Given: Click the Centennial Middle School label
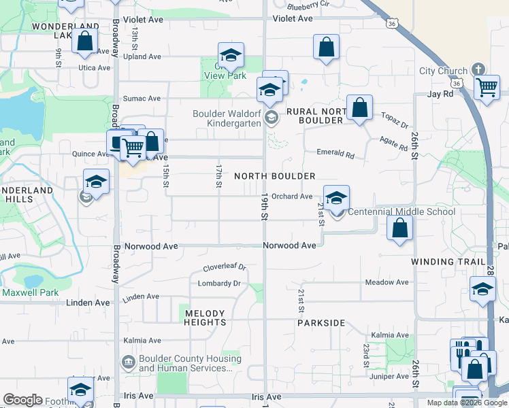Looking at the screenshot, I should point(401,211).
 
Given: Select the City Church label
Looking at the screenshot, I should point(443,71).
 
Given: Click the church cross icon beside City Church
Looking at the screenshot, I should point(478,69).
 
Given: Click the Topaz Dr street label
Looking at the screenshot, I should point(395,121).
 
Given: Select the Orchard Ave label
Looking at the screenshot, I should point(292,197).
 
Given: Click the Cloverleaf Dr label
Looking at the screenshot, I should point(223,268).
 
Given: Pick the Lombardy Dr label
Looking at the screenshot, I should point(219,284).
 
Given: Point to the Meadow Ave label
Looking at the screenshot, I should point(387,282).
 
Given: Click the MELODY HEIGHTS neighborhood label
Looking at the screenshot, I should point(205,318).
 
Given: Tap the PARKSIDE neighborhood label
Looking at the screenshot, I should point(321,323).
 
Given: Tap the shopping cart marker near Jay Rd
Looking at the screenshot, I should point(487,87).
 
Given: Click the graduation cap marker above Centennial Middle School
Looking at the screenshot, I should point(336,199).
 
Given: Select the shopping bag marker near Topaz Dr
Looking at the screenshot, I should point(359,107).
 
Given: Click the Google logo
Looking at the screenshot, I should point(23,400).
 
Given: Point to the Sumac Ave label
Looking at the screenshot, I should point(142,99).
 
